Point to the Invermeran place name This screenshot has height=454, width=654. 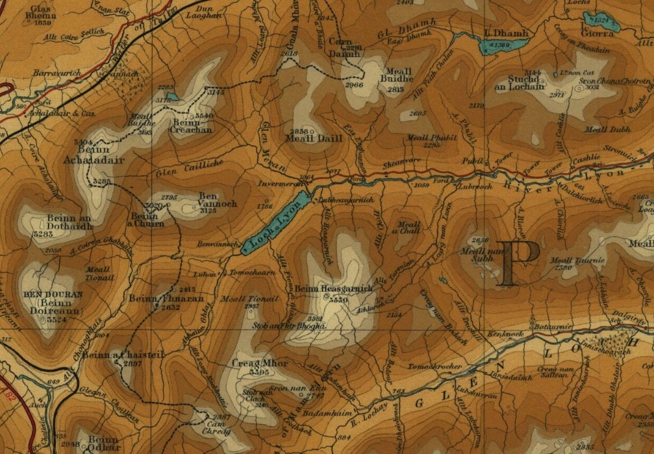278,184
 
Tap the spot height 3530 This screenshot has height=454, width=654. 338,300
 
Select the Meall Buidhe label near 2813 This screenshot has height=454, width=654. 400,80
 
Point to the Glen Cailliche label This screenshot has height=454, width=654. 184,171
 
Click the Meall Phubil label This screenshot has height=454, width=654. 424,137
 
